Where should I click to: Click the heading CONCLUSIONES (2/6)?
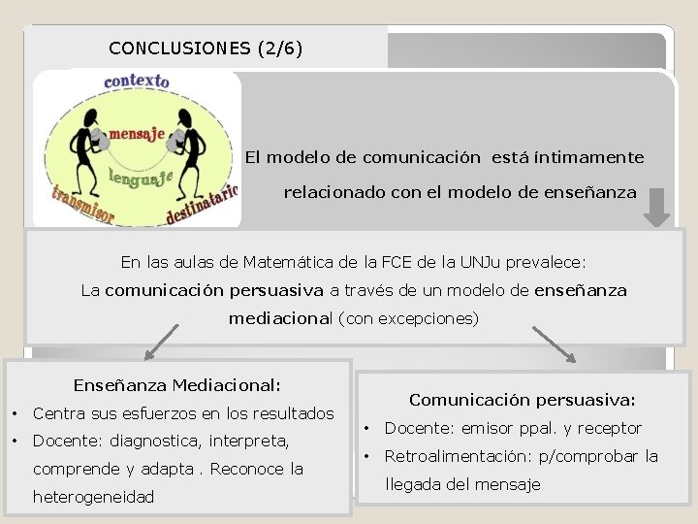(x=206, y=48)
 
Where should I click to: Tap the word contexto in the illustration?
(x=137, y=82)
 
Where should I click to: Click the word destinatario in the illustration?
(x=202, y=205)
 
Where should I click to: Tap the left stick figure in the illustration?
(x=90, y=143)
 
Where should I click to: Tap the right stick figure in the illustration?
(x=187, y=141)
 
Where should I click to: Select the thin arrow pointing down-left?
(x=162, y=342)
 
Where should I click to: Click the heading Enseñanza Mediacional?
(x=177, y=385)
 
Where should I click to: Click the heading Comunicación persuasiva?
(x=523, y=400)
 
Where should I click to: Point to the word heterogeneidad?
(x=94, y=496)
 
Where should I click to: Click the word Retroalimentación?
(x=452, y=456)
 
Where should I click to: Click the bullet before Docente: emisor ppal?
(x=367, y=429)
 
